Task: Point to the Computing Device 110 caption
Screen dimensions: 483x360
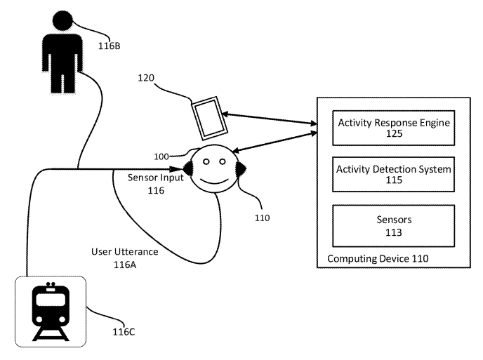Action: point(378,258)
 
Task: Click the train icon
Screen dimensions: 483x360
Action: point(51,312)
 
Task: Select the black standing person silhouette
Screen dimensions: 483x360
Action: point(62,52)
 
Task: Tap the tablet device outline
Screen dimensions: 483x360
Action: point(209,119)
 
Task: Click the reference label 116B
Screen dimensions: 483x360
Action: point(109,46)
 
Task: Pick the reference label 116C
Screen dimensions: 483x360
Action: point(124,332)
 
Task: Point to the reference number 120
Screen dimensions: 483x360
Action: point(146,78)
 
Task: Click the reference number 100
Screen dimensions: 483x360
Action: point(161,156)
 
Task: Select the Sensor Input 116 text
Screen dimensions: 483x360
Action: point(156,184)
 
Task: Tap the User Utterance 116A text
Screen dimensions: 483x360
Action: point(125,258)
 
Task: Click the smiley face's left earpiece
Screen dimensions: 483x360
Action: point(189,168)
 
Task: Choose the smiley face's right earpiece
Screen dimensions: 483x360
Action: point(240,168)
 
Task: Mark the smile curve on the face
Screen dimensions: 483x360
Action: point(214,180)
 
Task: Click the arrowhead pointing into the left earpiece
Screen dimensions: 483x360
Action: point(176,168)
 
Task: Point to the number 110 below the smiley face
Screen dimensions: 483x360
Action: point(262,218)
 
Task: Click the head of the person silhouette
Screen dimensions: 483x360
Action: point(62,20)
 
